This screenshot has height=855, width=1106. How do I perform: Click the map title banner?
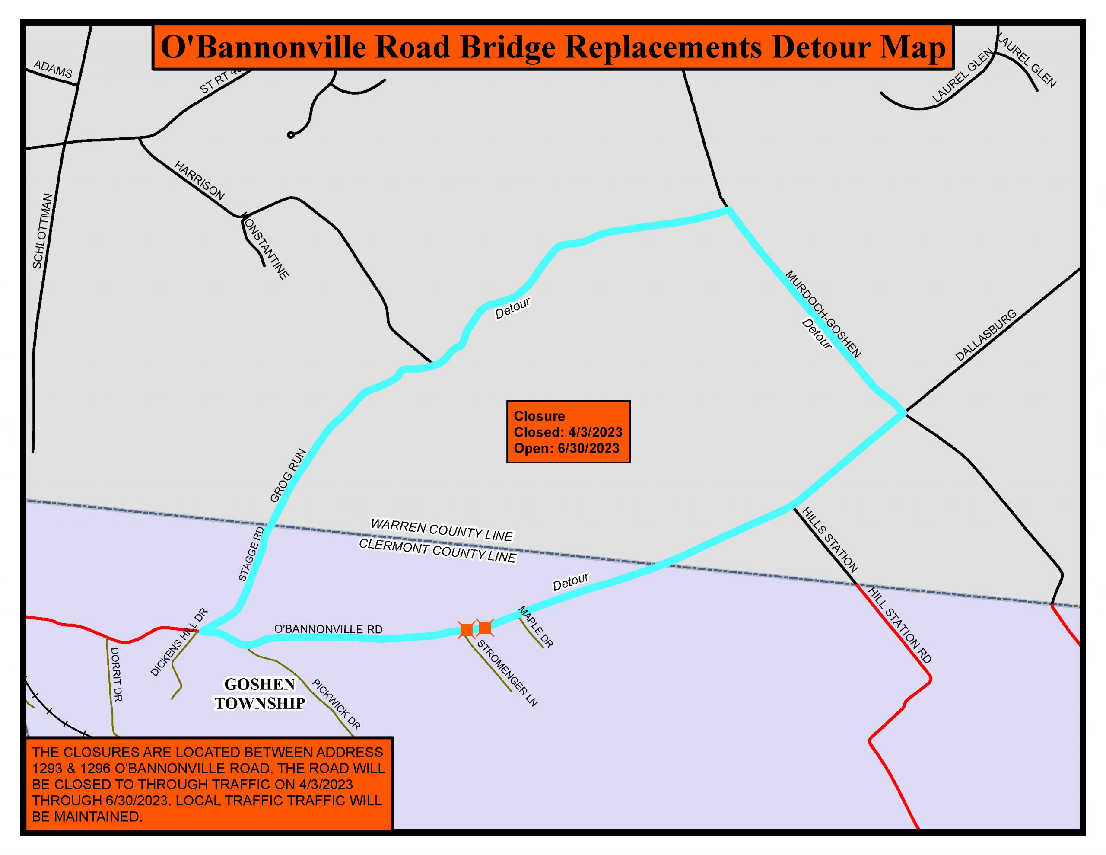[553, 48]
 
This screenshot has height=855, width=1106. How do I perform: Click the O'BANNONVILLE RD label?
[328, 629]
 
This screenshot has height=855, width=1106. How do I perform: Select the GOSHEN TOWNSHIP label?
[259, 694]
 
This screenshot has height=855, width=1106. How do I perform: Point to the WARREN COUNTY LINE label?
[442, 530]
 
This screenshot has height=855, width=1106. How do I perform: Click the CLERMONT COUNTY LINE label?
[438, 551]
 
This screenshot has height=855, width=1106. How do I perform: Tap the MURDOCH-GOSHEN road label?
[823, 314]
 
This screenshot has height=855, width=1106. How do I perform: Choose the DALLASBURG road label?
[985, 335]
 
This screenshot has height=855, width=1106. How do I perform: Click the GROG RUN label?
[288, 475]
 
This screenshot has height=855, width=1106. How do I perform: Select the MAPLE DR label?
[535, 627]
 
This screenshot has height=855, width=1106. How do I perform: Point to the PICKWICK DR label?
[336, 705]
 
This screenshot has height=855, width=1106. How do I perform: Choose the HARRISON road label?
[199, 180]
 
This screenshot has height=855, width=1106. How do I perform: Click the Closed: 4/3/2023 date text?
[568, 432]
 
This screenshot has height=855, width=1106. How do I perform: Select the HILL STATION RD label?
[899, 625]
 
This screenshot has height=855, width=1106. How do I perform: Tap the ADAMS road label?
[53, 69]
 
